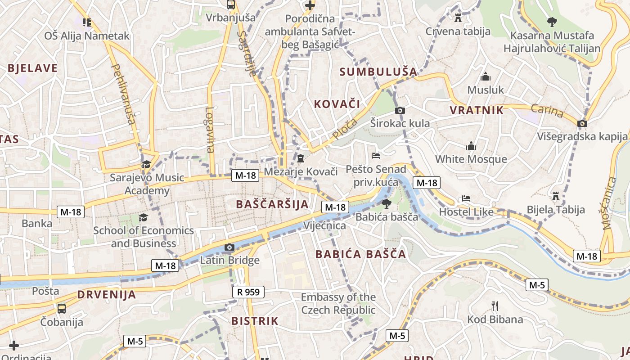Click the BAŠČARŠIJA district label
[272, 204]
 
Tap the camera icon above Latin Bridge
[229, 247]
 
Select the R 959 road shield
[248, 292]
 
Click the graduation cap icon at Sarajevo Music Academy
[146, 164]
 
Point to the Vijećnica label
[324, 225]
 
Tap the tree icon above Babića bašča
[386, 204]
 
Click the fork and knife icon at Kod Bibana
[495, 306]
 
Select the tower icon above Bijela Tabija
[556, 196]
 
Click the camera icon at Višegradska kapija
[582, 123]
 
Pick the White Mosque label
[471, 159]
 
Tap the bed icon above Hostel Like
[466, 198]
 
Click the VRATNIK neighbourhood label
[477, 110]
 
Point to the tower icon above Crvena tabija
[458, 18]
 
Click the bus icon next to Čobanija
[62, 309]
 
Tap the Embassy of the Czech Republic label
[338, 303]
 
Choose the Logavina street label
[210, 130]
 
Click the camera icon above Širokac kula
[400, 110]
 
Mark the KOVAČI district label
[337, 104]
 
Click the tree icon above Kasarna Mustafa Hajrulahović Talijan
[552, 22]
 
